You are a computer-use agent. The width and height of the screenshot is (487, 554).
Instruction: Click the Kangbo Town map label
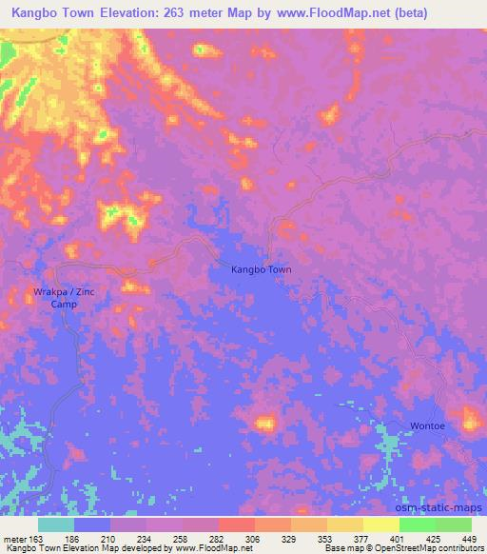262,270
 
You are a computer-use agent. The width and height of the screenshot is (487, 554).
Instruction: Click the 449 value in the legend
469,538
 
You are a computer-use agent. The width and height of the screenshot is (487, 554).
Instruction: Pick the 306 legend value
254,538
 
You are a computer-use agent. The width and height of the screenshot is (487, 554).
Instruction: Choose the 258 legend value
182,538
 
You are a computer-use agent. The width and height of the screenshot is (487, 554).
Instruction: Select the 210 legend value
110,538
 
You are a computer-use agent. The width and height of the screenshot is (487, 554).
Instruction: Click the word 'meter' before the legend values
13,538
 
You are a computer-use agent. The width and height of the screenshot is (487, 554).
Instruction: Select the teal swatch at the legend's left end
56,524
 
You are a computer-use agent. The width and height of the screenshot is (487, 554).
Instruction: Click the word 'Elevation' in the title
115,14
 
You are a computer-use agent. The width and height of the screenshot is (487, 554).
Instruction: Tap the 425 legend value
434,538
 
